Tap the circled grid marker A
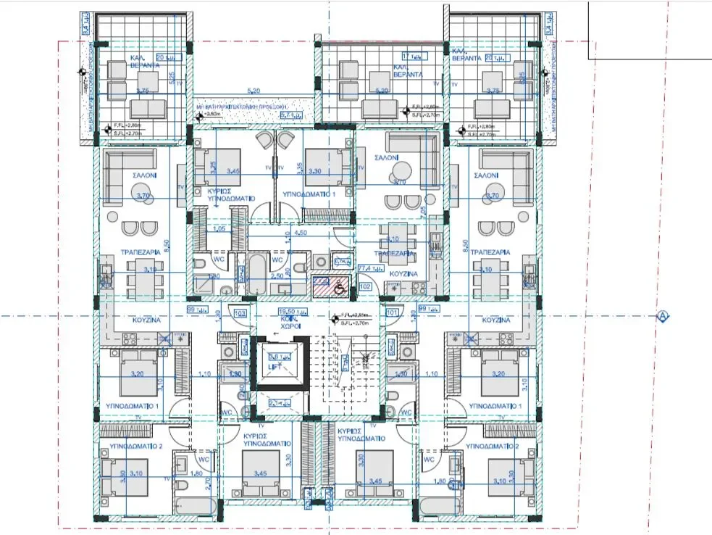661,316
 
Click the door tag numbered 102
365,286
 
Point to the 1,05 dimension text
219,229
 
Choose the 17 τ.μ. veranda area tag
411,54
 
